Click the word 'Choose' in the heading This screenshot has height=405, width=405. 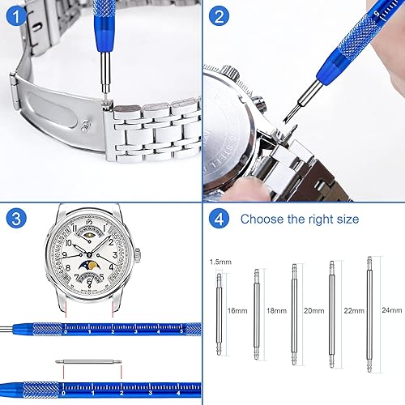tap(262, 220)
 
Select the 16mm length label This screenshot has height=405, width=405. tap(237, 310)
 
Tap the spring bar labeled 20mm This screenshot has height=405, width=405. tap(292, 311)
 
